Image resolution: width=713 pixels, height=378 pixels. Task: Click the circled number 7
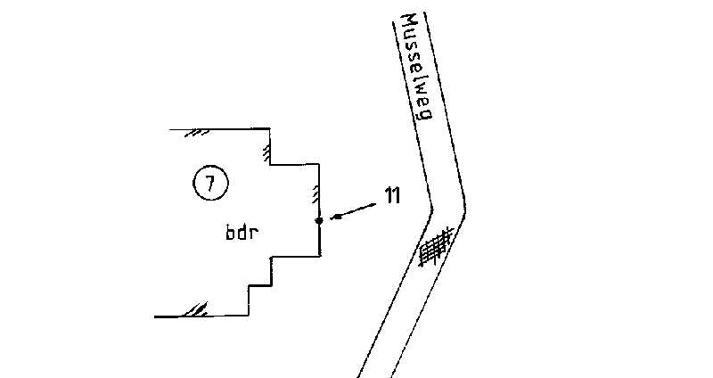pos(210,185)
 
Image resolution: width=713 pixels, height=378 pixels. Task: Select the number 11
pos(391,197)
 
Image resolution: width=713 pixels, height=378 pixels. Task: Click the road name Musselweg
pos(416,70)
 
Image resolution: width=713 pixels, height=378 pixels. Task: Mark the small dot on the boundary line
pos(319,220)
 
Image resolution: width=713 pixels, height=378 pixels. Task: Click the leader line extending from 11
pos(355,210)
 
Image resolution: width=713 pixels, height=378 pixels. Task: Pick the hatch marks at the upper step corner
pos(266,151)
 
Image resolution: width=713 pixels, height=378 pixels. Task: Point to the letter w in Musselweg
pos(419,90)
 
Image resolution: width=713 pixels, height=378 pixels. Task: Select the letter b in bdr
pos(230,234)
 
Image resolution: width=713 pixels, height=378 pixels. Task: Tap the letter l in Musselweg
pos(417,78)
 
